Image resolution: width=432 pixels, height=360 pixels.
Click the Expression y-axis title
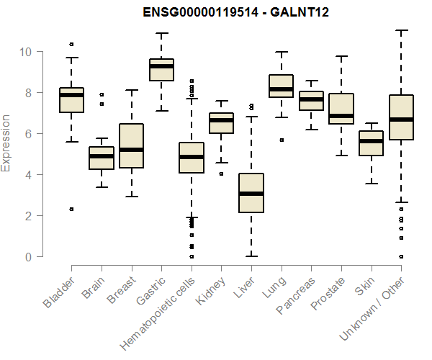6,143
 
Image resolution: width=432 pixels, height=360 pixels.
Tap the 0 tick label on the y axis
30,257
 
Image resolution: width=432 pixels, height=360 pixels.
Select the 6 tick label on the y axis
30,134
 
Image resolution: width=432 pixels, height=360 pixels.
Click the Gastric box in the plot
161,70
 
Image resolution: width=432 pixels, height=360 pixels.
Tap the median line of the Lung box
281,89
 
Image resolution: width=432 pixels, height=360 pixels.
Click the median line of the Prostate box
341,116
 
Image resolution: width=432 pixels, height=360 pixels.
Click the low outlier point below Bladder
71,209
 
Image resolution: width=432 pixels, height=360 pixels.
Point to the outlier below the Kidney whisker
221,174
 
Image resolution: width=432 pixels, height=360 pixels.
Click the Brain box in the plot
102,158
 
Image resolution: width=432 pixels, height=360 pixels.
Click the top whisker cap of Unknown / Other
402,30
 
